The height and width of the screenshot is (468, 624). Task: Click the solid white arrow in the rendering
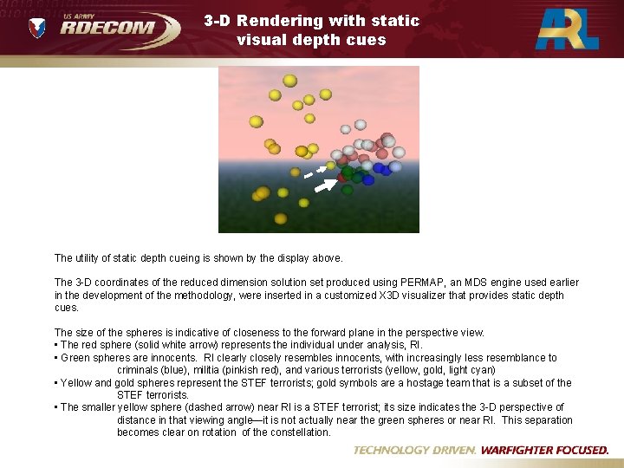[x=324, y=185]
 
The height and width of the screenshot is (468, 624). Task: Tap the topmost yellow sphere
[x=289, y=81]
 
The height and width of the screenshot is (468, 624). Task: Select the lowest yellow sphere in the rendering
[x=281, y=218]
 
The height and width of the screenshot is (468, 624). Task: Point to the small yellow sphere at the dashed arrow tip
[x=329, y=165]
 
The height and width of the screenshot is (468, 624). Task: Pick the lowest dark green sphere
[x=348, y=190]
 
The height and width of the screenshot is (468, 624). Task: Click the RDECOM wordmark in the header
[x=107, y=29]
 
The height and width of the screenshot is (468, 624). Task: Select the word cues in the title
[x=367, y=39]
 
